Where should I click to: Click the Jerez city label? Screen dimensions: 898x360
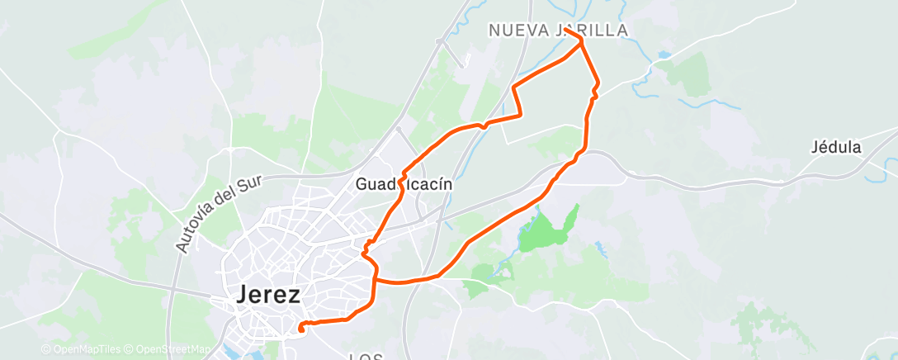268,295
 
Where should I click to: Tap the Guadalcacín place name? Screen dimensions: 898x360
404,185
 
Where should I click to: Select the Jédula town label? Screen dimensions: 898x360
837,148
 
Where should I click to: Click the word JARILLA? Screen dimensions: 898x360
592,30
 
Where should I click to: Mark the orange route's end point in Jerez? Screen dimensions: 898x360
301,329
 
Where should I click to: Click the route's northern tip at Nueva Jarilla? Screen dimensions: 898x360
581,38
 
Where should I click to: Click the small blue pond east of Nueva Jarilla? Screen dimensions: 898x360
664,55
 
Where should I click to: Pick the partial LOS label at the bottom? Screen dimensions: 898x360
365,357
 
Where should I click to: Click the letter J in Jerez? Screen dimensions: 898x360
244,295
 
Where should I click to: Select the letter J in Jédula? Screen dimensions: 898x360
815,148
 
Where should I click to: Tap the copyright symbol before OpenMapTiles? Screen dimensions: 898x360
46,349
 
